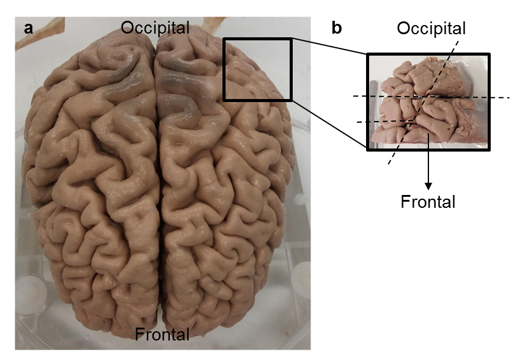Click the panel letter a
click(x=28, y=28)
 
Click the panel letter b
click(x=337, y=28)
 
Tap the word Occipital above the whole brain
click(x=155, y=28)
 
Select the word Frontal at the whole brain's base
click(x=162, y=334)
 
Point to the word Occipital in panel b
click(x=431, y=28)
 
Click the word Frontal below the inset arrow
click(x=428, y=201)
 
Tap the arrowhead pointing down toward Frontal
click(x=428, y=184)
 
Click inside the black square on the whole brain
click(x=257, y=69)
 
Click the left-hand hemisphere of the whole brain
click(x=92, y=183)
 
